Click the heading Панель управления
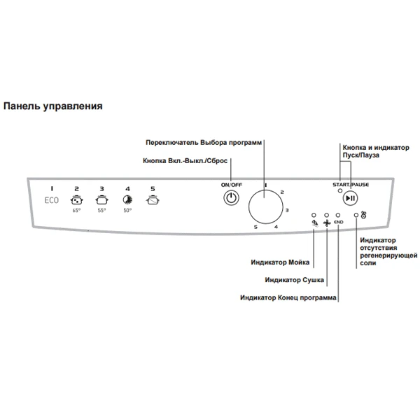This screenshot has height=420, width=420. click(53, 106)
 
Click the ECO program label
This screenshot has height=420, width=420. click(52, 200)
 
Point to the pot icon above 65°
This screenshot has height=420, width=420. click(77, 199)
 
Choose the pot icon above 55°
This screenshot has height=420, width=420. click(102, 199)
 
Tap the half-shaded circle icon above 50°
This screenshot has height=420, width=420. click(127, 199)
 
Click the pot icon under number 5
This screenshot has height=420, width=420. click(153, 199)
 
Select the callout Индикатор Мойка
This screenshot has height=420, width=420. click(281, 262)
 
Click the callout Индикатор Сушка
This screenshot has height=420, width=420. click(294, 280)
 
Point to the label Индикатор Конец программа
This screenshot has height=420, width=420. click(288, 297)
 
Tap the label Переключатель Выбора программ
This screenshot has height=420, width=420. click(204, 142)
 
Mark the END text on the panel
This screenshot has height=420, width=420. click(339, 222)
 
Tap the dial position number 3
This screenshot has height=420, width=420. click(287, 209)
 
